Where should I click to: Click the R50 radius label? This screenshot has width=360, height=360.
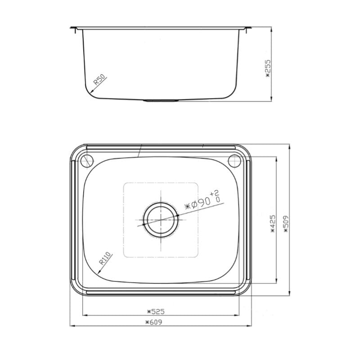(x=99, y=80)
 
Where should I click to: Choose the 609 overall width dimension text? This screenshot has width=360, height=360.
(x=154, y=322)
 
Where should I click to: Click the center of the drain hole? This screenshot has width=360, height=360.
(x=161, y=219)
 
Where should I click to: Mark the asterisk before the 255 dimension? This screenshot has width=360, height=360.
(x=269, y=77)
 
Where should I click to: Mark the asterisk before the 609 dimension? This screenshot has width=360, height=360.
(x=147, y=322)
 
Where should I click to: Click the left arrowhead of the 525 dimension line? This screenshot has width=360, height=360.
(x=84, y=315)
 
